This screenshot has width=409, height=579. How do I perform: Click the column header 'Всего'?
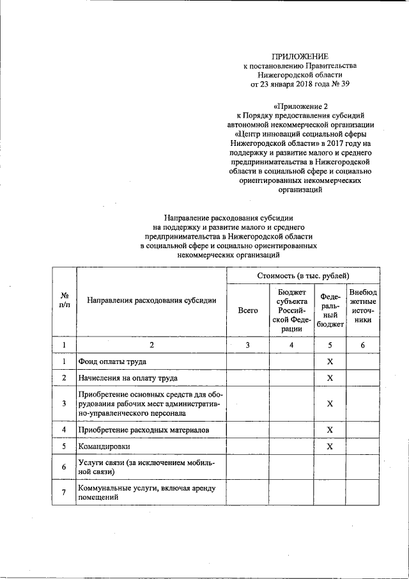pos(247,310)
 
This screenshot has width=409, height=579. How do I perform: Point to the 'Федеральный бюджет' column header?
pos(330,310)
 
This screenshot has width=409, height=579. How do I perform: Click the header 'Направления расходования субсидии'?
pos(151,299)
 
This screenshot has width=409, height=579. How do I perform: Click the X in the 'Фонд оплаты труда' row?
pos(330,361)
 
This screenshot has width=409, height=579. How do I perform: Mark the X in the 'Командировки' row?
pos(330,446)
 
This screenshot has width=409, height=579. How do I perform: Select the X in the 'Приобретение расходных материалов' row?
pos(330,429)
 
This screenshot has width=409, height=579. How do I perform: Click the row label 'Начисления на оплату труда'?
pos(128,378)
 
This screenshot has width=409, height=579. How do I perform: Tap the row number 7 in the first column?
pos(65,493)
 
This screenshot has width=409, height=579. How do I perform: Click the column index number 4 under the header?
pos(291,345)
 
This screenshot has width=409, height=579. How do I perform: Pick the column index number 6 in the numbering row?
pos(362,345)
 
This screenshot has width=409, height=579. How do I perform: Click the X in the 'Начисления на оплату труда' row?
pos(330,378)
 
